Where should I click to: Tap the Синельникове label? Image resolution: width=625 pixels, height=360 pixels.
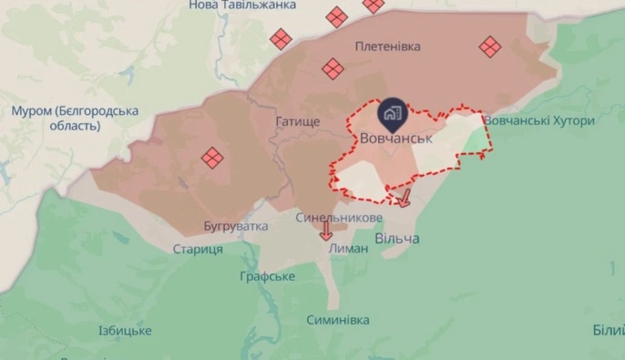(x=338, y=219)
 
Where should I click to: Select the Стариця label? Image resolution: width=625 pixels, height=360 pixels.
(x=198, y=249)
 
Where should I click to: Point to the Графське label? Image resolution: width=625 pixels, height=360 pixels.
(x=267, y=275)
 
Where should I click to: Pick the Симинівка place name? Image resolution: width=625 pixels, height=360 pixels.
(x=338, y=320)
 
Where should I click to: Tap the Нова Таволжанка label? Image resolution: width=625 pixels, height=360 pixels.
(x=242, y=5)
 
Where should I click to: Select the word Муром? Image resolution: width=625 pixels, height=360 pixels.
(x=30, y=111)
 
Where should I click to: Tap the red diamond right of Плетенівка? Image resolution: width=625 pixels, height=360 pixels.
(x=490, y=46)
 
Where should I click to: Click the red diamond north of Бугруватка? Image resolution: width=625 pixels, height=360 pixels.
(x=212, y=158)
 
